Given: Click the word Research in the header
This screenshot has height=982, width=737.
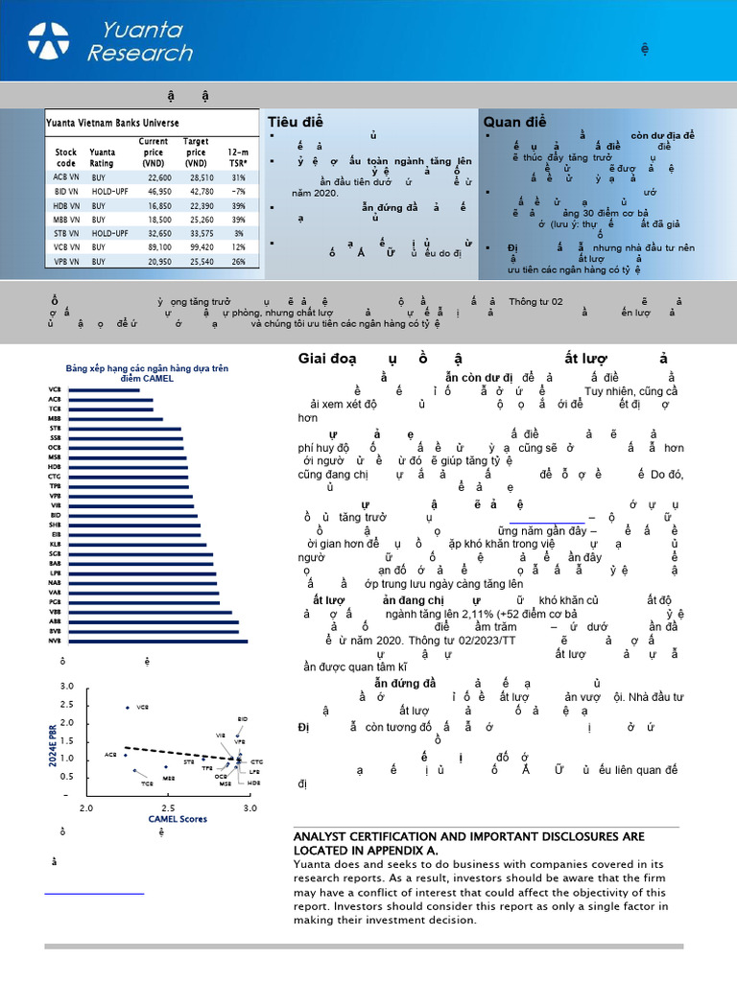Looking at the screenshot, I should coord(140,54).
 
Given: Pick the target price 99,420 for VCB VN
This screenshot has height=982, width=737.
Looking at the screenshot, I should coord(196,246).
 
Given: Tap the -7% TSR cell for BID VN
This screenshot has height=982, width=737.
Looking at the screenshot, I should coord(238,191).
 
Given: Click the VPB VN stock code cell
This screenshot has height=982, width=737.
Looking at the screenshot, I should coord(66,261).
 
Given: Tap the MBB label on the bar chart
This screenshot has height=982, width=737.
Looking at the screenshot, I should coord(54,419).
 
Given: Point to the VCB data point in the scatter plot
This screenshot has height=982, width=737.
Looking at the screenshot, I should coord(128,708).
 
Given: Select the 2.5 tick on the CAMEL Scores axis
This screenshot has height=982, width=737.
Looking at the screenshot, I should coord(167,809).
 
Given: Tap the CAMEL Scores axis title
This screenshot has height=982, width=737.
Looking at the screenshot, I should coord(169,820).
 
